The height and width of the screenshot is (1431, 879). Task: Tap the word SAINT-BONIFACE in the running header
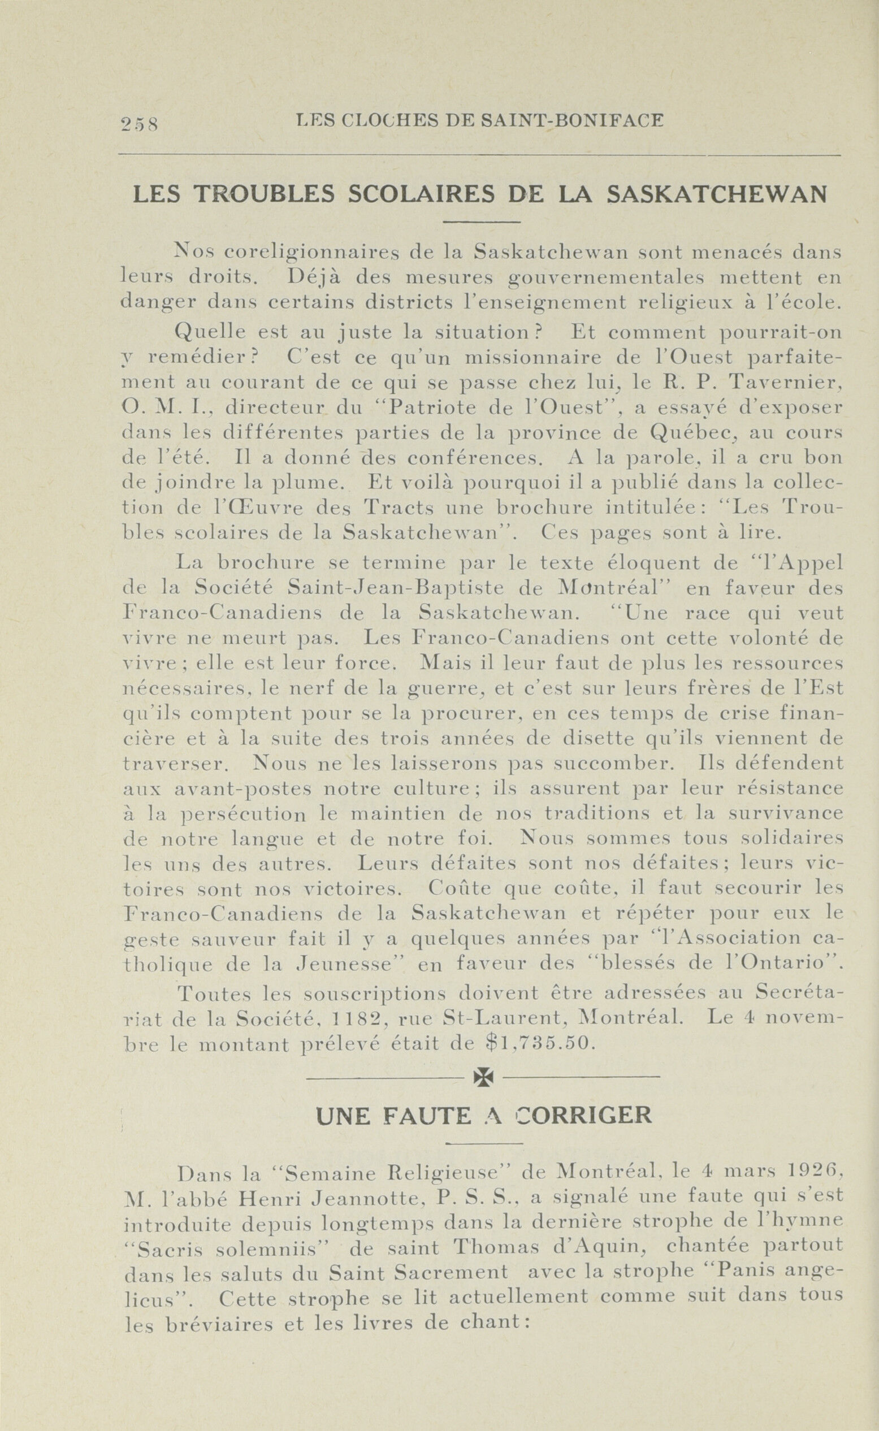click(x=572, y=120)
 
